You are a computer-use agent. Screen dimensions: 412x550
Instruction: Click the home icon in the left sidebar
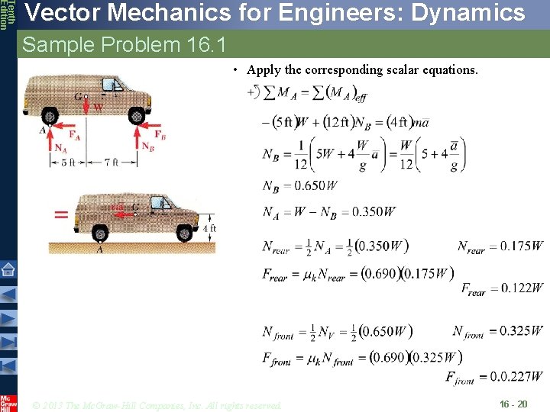[8, 269]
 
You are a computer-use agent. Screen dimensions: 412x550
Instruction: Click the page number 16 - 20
[513, 404]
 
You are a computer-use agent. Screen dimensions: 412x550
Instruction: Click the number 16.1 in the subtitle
[205, 45]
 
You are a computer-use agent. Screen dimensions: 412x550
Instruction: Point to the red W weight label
[98, 108]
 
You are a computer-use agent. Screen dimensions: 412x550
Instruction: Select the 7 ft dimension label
[112, 163]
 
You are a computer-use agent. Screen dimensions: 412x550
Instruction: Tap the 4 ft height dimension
[210, 228]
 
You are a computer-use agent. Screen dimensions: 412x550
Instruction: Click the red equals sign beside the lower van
[61, 214]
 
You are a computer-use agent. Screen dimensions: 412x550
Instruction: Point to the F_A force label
[74, 135]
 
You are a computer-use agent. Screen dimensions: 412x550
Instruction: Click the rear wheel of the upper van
[50, 117]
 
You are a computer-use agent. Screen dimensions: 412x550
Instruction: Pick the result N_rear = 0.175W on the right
[500, 246]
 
